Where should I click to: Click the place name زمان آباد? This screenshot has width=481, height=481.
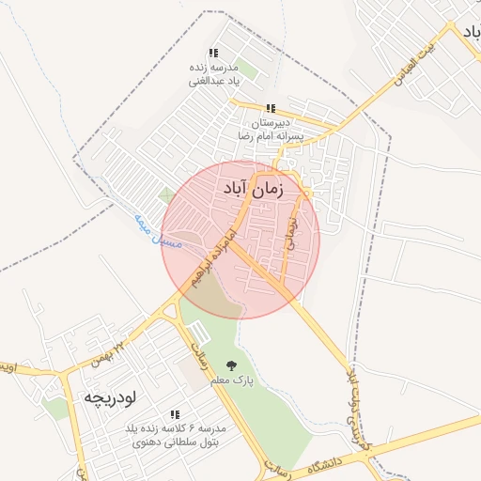point(254,189)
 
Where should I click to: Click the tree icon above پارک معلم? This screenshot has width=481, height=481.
point(231,366)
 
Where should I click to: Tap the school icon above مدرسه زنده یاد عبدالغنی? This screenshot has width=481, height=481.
point(213,54)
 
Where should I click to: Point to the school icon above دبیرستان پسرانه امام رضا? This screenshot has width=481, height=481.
point(271,109)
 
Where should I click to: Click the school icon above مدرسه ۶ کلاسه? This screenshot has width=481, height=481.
point(175,414)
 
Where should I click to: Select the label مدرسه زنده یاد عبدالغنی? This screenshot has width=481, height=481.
point(214,74)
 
